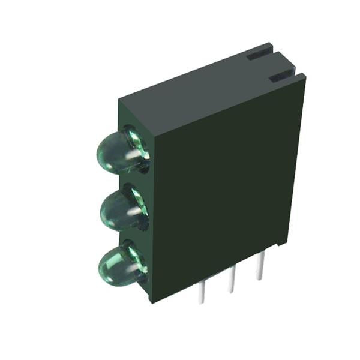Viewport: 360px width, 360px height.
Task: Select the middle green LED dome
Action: (120, 210)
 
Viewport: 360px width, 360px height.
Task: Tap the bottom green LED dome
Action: (118, 265)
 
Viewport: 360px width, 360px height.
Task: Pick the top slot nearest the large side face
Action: (281, 77)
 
